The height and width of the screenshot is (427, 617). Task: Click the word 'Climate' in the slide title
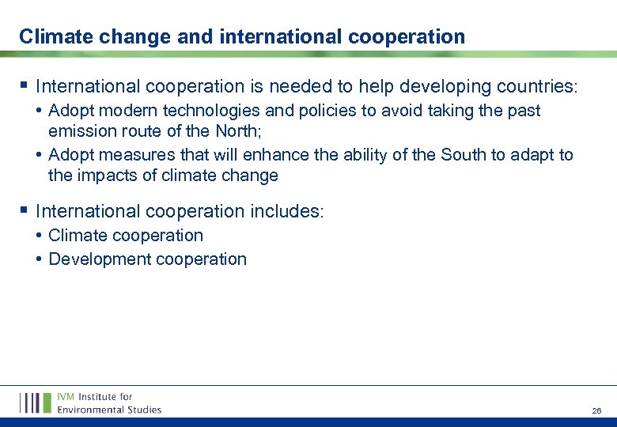click(51, 36)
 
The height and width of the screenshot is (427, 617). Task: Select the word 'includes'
click(287, 211)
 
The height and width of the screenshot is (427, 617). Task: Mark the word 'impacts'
click(108, 175)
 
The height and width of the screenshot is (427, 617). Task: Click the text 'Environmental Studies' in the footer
click(109, 409)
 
